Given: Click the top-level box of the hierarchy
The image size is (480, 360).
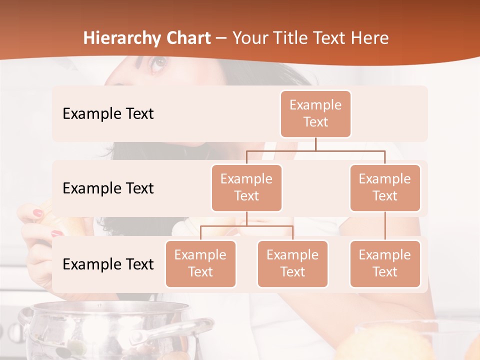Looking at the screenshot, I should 315,113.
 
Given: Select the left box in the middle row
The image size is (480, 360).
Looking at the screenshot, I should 246,187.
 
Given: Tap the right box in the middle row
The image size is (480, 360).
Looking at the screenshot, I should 385,187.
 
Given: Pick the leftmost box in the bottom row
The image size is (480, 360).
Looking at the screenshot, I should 200,263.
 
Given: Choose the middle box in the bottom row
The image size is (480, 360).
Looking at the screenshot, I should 292,263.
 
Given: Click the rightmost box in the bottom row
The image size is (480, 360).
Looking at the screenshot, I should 385,263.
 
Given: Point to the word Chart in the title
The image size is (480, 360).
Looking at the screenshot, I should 186,38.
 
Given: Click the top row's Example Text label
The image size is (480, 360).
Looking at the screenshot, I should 108,113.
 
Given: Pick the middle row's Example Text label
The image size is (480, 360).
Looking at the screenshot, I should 108,188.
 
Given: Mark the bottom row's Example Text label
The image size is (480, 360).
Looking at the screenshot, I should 108,264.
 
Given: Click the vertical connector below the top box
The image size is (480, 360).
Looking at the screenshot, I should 315,143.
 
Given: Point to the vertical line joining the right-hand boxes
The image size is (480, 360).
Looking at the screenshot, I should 385,225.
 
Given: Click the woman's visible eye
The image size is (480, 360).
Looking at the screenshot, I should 159,62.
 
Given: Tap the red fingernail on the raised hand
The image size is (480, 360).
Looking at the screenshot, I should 38,213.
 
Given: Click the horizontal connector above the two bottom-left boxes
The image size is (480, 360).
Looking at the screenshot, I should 246,226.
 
